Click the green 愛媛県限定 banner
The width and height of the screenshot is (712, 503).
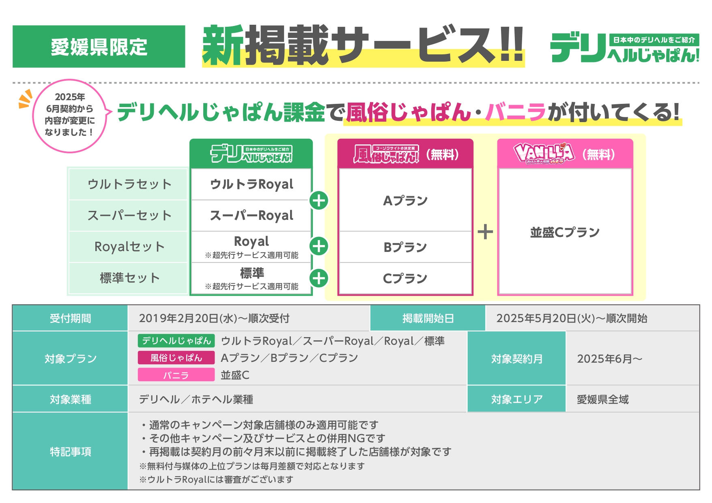(x=99, y=47)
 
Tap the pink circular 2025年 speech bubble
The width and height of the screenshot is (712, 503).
(x=70, y=116)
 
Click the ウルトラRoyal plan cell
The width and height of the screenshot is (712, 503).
(x=251, y=184)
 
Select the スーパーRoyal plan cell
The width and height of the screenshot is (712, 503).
(x=251, y=215)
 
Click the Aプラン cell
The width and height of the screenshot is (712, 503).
(x=405, y=200)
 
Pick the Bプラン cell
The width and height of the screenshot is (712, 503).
(x=405, y=247)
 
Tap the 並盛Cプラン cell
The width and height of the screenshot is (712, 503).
(x=565, y=232)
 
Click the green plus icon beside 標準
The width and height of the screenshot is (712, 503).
(x=319, y=278)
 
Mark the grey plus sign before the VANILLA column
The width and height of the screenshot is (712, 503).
(x=485, y=232)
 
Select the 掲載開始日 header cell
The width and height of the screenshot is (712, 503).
(x=428, y=318)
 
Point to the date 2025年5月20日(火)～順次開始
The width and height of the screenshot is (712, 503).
(x=572, y=318)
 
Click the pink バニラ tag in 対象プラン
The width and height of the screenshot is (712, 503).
(x=176, y=375)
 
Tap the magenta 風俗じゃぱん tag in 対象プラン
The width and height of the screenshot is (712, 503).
(x=176, y=358)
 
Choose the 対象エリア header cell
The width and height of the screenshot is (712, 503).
(x=516, y=399)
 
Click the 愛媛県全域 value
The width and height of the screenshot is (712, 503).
(x=602, y=400)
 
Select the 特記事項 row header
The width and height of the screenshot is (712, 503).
(x=70, y=451)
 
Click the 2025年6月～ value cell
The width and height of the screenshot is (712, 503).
(x=633, y=359)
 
